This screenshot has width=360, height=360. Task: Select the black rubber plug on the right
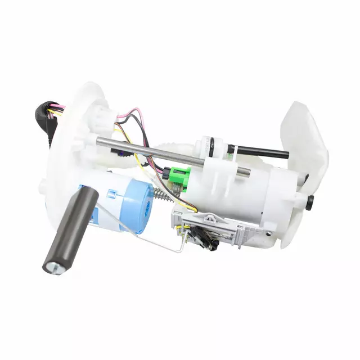tap(309, 202)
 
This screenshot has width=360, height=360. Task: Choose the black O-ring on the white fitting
tap(211, 147)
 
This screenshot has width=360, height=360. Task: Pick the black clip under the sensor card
tap(206, 239)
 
